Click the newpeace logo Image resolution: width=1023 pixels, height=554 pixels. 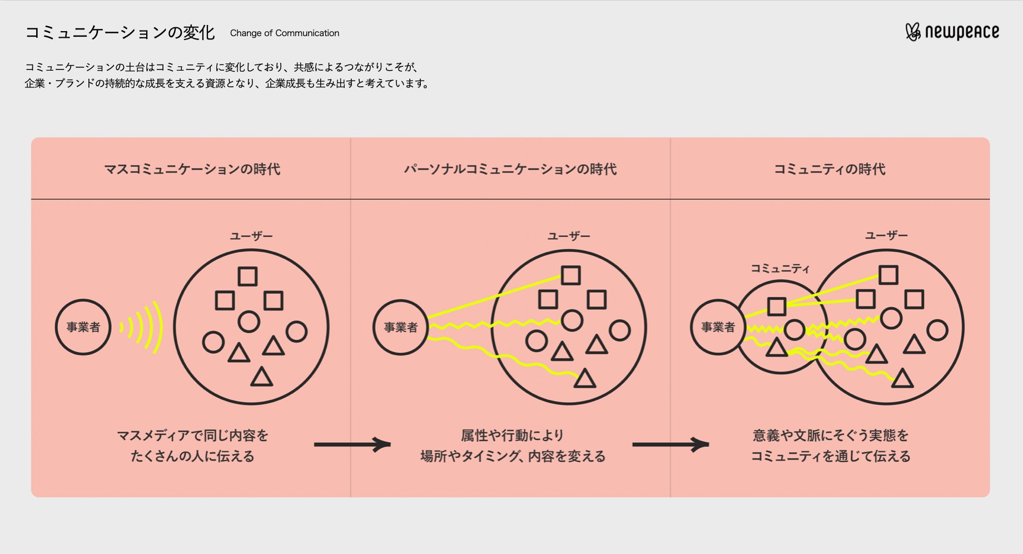click(x=952, y=32)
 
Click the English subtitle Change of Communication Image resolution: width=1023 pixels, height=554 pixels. click(x=284, y=33)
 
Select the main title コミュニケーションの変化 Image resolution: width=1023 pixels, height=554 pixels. click(x=120, y=33)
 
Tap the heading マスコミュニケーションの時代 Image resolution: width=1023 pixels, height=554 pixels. click(x=192, y=169)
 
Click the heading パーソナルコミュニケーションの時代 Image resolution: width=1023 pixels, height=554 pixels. click(x=510, y=169)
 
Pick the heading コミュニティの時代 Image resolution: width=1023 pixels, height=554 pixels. click(x=830, y=169)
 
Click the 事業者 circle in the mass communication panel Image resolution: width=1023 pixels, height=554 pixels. click(x=83, y=327)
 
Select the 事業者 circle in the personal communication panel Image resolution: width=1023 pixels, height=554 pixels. click(x=400, y=327)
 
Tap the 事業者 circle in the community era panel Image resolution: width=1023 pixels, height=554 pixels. click(x=718, y=327)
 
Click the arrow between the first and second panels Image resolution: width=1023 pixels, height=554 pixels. click(x=352, y=444)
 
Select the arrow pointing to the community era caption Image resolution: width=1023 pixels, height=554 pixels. click(x=671, y=444)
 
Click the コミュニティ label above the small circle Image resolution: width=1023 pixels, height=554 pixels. click(x=780, y=269)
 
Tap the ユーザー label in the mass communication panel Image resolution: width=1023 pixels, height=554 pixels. click(x=251, y=236)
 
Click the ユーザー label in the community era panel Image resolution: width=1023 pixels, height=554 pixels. click(x=886, y=236)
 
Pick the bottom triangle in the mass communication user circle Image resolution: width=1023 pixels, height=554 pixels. click(x=262, y=378)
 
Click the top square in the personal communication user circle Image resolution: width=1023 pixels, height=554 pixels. click(x=570, y=275)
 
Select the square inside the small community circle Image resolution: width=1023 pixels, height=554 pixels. click(x=777, y=306)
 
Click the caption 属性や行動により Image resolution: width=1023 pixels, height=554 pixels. click(x=512, y=435)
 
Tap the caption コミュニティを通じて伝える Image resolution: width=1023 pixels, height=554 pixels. click(x=831, y=457)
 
